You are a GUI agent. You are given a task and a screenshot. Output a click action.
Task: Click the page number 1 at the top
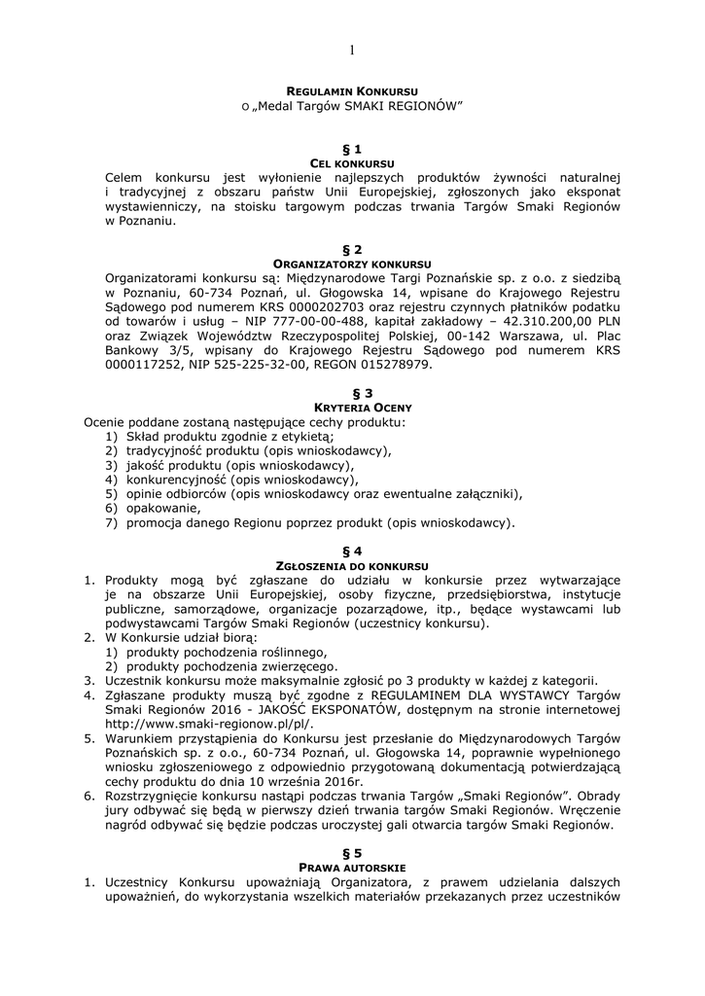352,51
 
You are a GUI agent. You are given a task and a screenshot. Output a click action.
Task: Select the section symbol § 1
352,149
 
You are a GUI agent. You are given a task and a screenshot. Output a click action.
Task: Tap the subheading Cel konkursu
352,162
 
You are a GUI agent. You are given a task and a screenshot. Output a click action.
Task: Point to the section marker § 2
352,250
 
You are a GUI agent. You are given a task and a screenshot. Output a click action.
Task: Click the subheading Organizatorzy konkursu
352,264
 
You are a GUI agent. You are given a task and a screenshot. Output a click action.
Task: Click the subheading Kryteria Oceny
352,408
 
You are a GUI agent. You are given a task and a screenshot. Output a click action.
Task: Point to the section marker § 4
352,551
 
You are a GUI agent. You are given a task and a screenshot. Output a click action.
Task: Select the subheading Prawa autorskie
352,867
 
